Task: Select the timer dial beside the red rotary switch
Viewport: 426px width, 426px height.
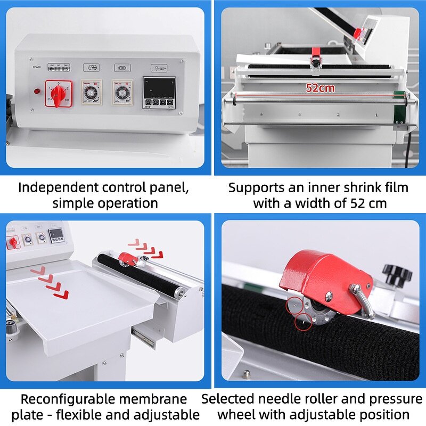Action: click(92, 93)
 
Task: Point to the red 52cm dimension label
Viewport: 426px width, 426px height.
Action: click(320, 88)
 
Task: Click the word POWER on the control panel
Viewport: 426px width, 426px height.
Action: click(37, 68)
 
